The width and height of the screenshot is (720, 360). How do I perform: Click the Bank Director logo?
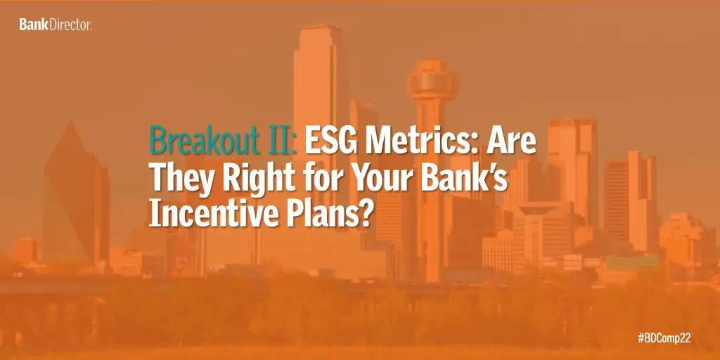56,25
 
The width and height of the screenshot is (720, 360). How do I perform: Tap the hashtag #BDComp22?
664,338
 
